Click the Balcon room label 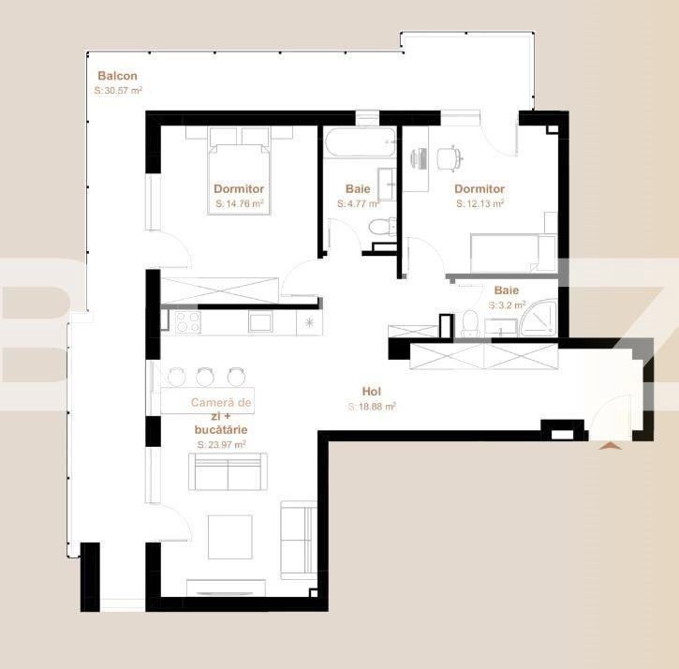118,76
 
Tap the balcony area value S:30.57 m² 118,91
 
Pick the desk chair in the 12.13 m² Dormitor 450,158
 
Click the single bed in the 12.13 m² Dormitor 507,252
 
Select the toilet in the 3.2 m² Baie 470,324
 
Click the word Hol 371,392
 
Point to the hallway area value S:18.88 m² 372,407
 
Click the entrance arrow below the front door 611,446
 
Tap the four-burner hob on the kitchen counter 186,321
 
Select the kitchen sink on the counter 259,321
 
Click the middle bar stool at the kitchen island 205,377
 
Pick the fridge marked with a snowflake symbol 309,321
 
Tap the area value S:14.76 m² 239,202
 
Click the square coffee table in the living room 230,536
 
